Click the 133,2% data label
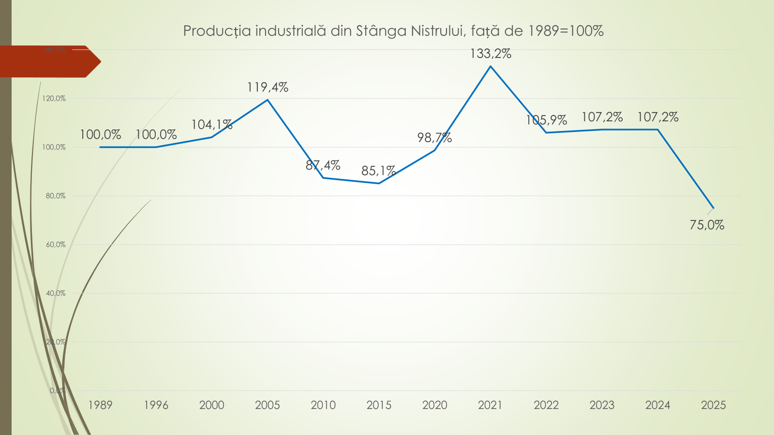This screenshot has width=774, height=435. (x=491, y=54)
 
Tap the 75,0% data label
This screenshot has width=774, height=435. (x=707, y=225)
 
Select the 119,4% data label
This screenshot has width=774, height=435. (x=268, y=87)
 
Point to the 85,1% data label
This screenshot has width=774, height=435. (x=378, y=171)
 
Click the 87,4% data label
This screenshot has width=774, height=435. (x=323, y=165)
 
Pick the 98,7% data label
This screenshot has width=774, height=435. (x=434, y=138)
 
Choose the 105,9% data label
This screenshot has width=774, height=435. (x=546, y=120)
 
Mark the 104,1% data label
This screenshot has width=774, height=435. (x=212, y=125)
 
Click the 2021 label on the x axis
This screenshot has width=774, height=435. (x=491, y=405)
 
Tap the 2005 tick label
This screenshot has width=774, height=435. (x=268, y=405)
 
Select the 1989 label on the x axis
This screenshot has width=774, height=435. (x=100, y=405)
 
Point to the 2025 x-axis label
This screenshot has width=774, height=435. (x=714, y=405)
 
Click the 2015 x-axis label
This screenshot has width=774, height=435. (x=379, y=405)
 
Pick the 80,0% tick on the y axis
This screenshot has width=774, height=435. (x=56, y=196)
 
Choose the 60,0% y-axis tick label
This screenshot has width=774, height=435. (x=56, y=245)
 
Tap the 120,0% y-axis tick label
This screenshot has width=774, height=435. (x=54, y=99)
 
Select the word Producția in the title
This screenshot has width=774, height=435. (x=217, y=31)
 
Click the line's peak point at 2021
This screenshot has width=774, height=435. (x=491, y=66)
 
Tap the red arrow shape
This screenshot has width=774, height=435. (x=48, y=61)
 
